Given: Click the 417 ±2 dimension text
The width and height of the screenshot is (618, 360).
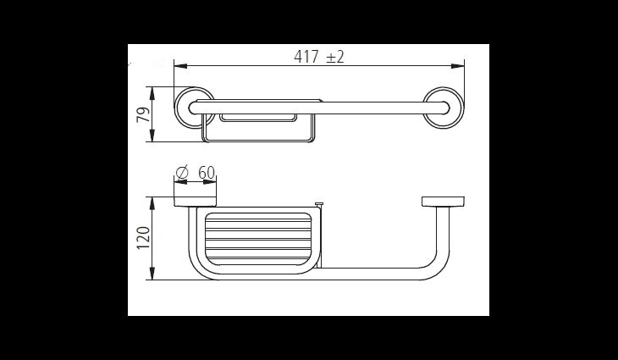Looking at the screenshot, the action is [319, 57].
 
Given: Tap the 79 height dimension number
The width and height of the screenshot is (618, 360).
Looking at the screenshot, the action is [143, 114].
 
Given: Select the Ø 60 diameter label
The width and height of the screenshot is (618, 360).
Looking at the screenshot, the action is [196, 173].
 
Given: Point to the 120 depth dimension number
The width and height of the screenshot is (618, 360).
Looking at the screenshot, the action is [143, 237].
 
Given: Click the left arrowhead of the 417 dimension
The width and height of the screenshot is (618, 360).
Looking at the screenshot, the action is [180, 66].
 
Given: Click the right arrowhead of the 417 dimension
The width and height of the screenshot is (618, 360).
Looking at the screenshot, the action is [458, 66].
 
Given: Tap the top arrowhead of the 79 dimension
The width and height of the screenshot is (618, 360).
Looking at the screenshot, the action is [152, 93].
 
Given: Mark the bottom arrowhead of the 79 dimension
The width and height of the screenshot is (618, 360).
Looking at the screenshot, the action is [152, 136].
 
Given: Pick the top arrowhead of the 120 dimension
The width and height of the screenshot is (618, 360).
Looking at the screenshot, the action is [152, 203].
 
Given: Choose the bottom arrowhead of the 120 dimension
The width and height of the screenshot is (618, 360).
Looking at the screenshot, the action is [152, 274].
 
